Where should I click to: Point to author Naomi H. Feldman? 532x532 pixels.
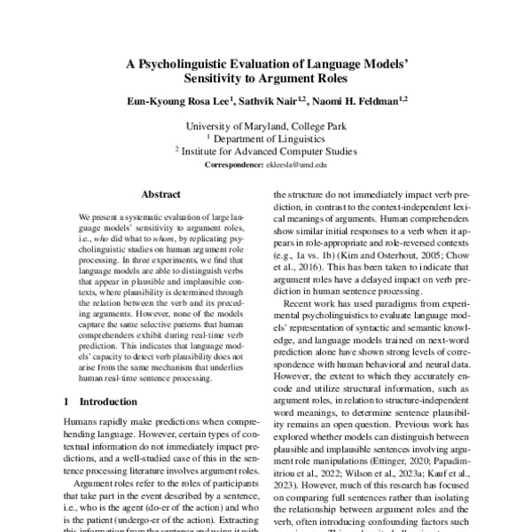click(356, 103)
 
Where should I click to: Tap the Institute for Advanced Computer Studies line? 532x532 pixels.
click(269, 152)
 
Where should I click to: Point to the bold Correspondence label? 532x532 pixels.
click(235, 165)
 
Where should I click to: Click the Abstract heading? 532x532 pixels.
click(160, 194)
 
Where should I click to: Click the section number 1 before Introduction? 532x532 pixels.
click(67, 402)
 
